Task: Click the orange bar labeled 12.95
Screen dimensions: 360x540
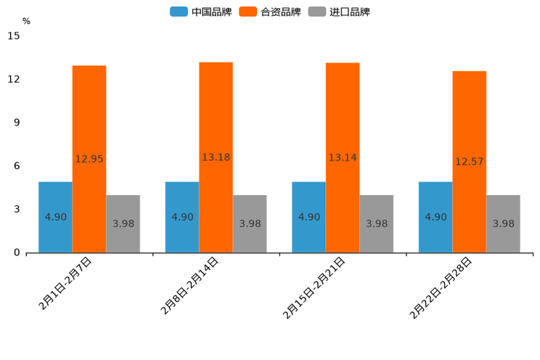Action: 89,159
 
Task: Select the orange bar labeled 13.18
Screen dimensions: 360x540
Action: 216,157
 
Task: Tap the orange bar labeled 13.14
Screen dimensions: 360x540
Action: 343,157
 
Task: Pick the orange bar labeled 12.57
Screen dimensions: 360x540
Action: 470,161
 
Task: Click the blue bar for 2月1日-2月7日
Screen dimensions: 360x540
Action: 55,217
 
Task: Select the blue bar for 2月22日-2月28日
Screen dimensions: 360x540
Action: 435,217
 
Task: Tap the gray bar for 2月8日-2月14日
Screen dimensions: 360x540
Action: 250,224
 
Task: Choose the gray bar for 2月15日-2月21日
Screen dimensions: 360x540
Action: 377,224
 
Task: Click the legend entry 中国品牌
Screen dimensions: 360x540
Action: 201,12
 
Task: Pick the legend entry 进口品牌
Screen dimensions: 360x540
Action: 339,12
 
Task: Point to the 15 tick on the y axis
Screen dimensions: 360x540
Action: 14,36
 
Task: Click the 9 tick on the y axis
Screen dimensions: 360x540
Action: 17,123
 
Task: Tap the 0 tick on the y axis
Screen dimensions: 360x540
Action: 17,253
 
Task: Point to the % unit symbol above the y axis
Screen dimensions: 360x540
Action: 26,21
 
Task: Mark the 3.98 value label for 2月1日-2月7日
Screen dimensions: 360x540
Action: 123,224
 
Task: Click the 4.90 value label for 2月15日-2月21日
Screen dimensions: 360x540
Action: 308,217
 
